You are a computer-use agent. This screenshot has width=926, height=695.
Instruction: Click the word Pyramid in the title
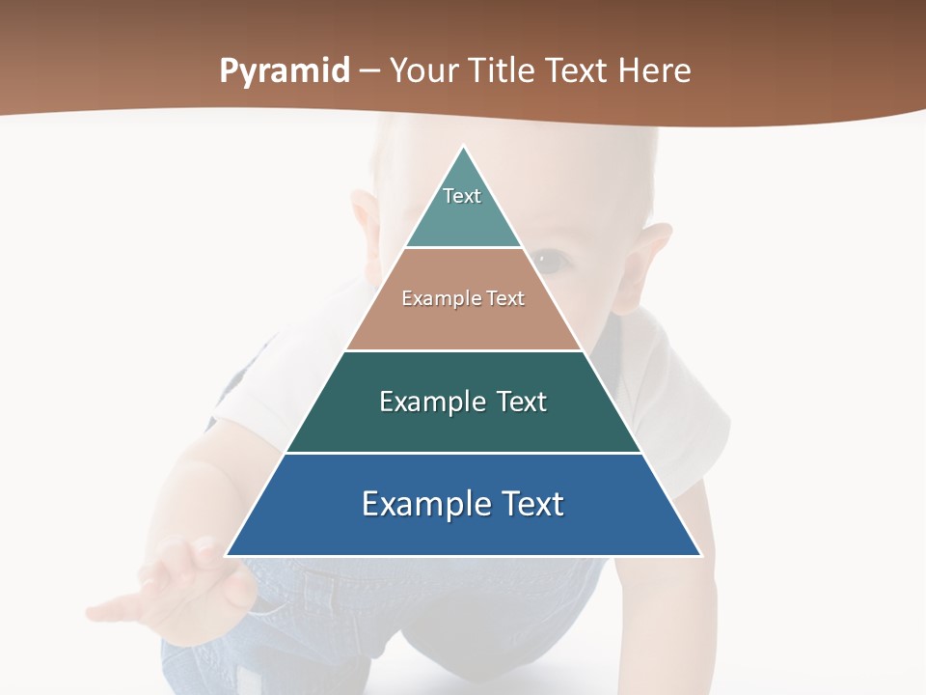tap(285, 71)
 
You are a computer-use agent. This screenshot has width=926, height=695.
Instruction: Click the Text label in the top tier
tap(462, 196)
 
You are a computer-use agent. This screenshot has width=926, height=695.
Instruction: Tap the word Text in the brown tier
tap(506, 298)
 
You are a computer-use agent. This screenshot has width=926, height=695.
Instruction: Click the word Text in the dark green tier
tap(522, 402)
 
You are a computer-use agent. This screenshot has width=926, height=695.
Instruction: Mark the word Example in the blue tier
tap(424, 504)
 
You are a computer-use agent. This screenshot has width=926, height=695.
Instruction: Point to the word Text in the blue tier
tap(531, 504)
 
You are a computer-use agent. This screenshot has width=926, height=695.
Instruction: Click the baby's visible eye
tap(550, 259)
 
